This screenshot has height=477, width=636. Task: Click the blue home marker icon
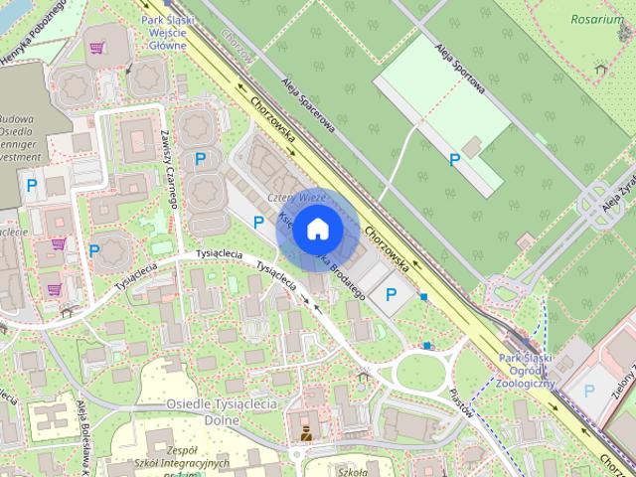pos(316,230)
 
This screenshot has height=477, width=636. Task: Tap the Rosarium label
pos(598,18)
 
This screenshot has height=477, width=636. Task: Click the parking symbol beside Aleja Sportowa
pos(455,159)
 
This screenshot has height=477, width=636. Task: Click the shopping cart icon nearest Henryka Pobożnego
pos(96,47)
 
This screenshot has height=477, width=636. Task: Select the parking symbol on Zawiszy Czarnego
pos(201,158)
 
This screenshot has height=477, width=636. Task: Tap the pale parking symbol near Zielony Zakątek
pos(588,392)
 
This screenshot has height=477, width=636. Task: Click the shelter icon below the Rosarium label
pos(600,70)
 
